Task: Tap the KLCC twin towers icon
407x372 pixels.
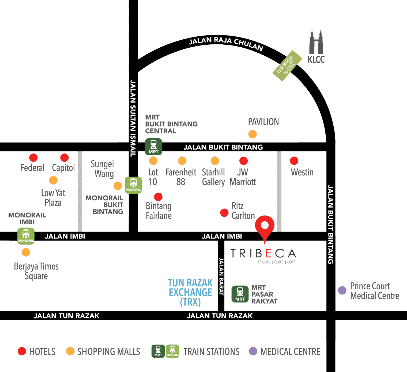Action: (x=316, y=43)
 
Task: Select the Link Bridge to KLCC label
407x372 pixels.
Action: (x=287, y=66)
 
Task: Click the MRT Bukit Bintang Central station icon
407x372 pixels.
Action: (x=153, y=147)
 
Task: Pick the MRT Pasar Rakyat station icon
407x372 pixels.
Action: (x=240, y=294)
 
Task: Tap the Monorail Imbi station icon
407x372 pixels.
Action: (x=26, y=236)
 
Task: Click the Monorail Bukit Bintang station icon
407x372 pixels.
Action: (x=133, y=185)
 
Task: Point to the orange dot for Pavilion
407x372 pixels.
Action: (x=252, y=134)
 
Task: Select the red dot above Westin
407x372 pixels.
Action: (x=294, y=161)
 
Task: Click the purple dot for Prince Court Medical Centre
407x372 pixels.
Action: (x=342, y=290)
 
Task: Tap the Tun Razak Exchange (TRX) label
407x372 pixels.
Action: (x=190, y=292)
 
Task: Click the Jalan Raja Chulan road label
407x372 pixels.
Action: (x=226, y=43)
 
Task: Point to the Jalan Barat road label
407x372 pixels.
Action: (x=221, y=276)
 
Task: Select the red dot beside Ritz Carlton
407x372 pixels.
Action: (x=224, y=213)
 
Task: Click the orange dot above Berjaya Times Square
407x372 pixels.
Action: (x=26, y=252)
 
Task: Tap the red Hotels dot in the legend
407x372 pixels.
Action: (x=22, y=351)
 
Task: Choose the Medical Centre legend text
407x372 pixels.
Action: (x=290, y=351)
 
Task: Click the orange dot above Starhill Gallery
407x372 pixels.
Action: (x=215, y=161)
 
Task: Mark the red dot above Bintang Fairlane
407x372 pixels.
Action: (x=158, y=197)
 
